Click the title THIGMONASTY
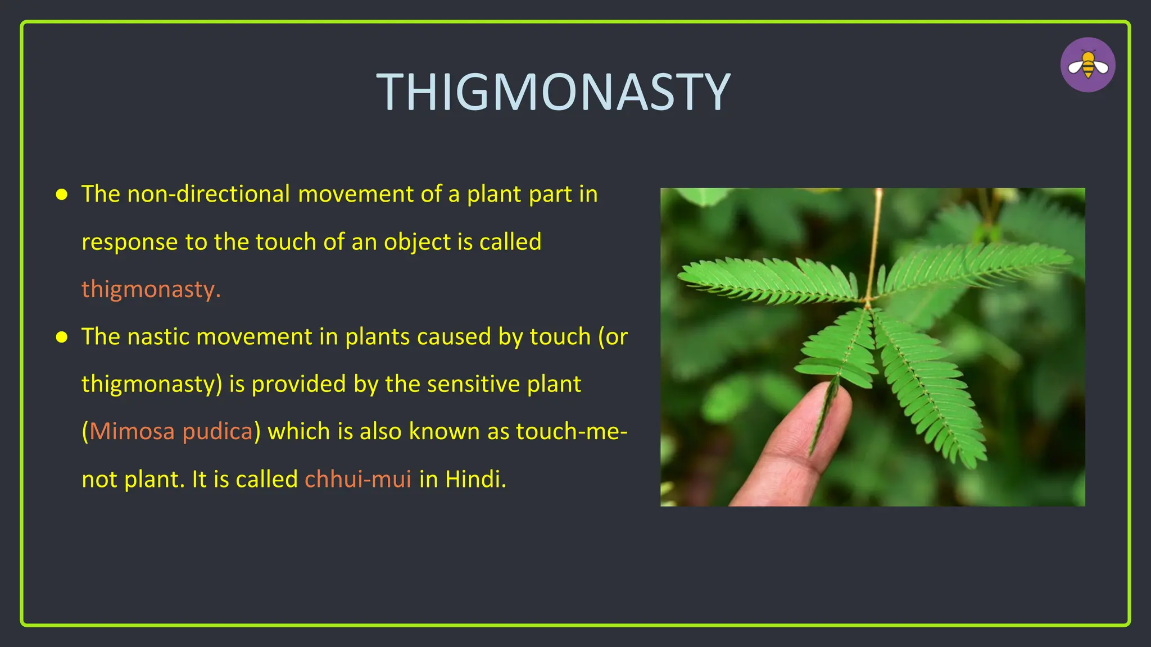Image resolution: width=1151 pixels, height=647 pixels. coord(553,92)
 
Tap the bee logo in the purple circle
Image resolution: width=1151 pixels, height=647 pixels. coord(1087,65)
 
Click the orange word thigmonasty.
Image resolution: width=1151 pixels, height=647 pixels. coord(151,289)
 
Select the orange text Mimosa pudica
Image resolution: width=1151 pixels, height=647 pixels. coord(171,431)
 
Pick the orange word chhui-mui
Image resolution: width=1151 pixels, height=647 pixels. coord(357,479)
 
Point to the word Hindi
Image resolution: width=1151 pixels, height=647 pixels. coord(475,479)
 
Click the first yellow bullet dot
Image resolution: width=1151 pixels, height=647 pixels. coord(62,194)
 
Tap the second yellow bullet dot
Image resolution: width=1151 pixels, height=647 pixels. coord(62,337)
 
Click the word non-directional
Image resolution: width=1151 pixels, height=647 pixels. coord(209,194)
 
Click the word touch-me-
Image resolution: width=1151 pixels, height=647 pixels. coord(571,431)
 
